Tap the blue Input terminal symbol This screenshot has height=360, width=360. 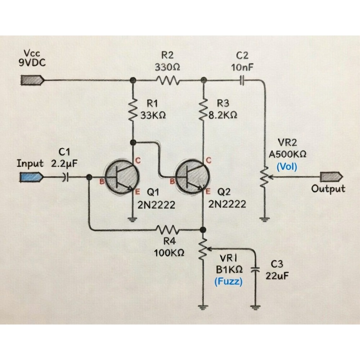[x=32, y=177]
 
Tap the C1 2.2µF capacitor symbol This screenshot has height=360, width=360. [x=65, y=177]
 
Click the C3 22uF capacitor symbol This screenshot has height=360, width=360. [x=256, y=270]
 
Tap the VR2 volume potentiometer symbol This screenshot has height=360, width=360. [x=265, y=177]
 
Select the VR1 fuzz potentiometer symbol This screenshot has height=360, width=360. [x=204, y=248]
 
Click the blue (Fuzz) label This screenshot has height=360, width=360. [x=228, y=282]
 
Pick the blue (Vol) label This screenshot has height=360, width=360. [x=287, y=167]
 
